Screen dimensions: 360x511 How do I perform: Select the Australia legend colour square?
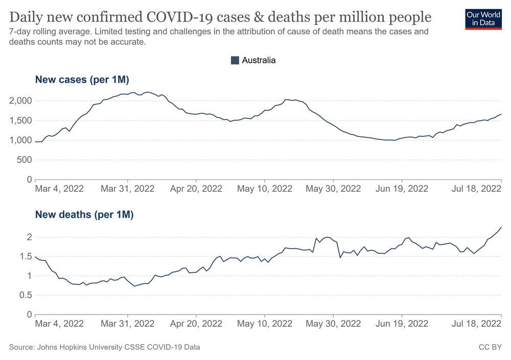coord(235,60)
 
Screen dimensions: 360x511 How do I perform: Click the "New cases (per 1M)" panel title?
coord(82,80)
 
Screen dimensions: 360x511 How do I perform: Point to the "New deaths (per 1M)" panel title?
coord(84,214)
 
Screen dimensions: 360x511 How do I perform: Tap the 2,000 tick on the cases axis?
coord(20,101)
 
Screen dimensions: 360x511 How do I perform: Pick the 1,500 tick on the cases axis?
coord(20,121)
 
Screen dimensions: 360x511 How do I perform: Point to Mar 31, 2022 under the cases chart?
coord(128,188)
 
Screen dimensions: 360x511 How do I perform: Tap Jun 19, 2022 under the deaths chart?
coord(402,323)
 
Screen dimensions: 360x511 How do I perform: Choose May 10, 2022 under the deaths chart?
coord(265,323)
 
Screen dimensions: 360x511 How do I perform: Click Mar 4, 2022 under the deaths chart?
coord(59,323)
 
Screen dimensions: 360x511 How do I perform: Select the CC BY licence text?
coord(490,347)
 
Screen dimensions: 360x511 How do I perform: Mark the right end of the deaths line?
coord(501,227)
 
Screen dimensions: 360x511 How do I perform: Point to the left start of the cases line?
coord(35,142)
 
